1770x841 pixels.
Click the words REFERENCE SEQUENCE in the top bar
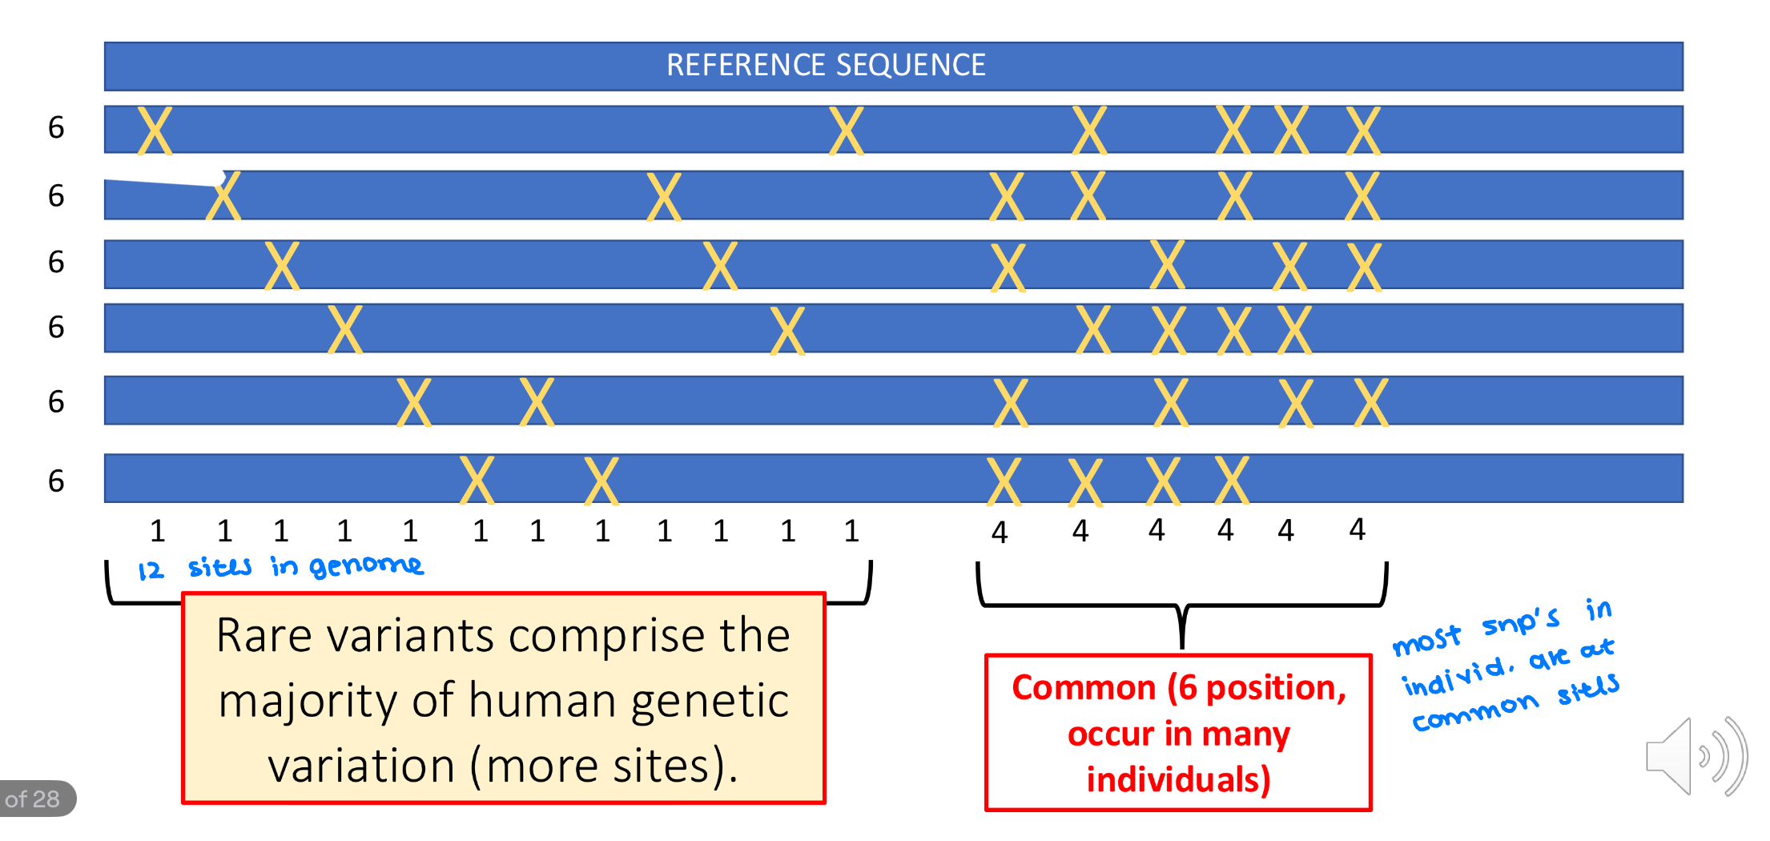[x=826, y=65]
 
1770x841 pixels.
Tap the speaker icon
[x=1695, y=757]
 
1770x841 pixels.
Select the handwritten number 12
[x=151, y=570]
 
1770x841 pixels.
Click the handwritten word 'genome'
[x=366, y=566]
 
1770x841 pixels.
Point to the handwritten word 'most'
[x=1426, y=641]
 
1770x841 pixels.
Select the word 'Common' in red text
[x=1083, y=688]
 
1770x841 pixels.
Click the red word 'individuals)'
[x=1178, y=779]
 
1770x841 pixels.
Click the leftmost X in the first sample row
[x=155, y=130]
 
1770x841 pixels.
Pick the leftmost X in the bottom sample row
[x=477, y=480]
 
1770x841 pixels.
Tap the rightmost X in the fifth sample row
[x=1371, y=402]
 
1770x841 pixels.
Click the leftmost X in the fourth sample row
[x=345, y=329]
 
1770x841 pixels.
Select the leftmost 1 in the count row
[x=158, y=531]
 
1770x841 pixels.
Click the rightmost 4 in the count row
[x=1357, y=529]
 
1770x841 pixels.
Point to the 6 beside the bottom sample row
[x=56, y=481]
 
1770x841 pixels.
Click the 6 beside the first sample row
[x=56, y=127]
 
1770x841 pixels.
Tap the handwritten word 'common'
[x=1474, y=712]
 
